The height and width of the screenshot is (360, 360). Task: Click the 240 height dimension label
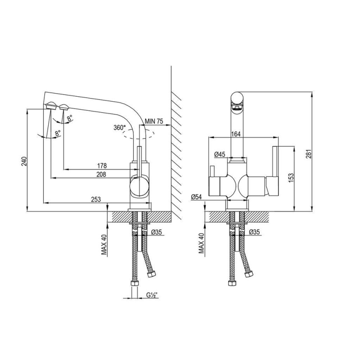[x=25, y=161]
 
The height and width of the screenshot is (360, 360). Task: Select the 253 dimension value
[x=96, y=199]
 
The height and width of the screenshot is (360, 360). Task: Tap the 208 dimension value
[x=101, y=175]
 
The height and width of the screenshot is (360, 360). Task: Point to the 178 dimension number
[x=102, y=166]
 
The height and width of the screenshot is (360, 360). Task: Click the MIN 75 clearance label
[x=154, y=121]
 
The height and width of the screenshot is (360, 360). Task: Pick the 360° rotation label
[x=120, y=128]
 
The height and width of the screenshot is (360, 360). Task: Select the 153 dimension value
[x=290, y=178]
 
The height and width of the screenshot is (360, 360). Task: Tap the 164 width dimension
[x=236, y=134]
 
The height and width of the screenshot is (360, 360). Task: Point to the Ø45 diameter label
[x=220, y=154]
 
